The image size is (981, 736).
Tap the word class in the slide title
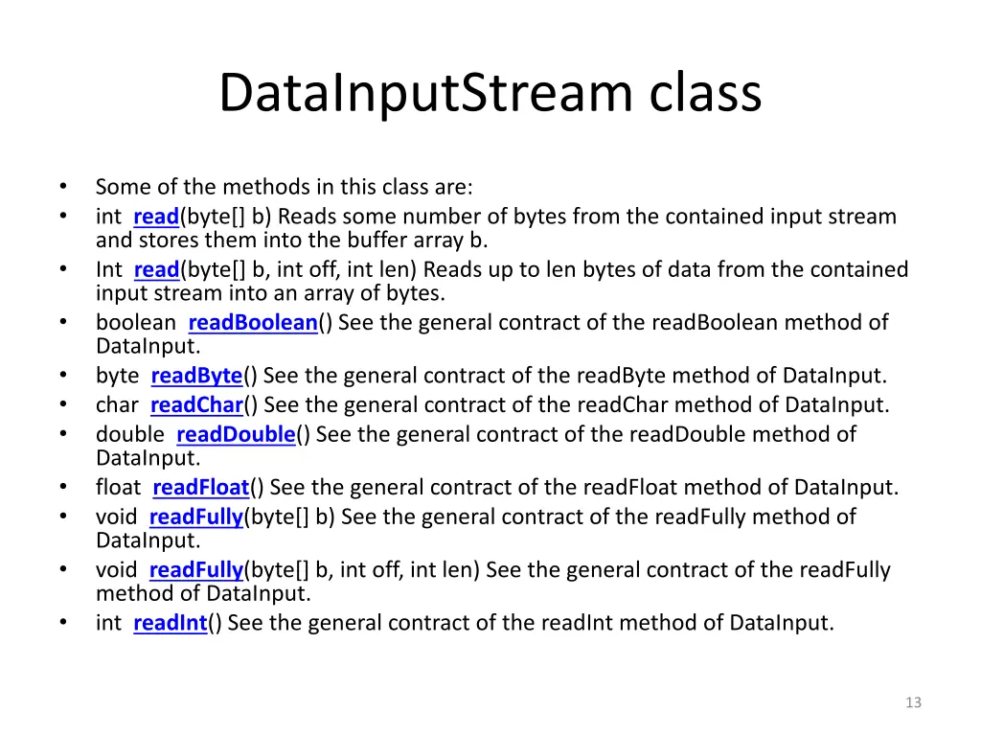coord(706,94)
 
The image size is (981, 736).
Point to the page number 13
coord(913,702)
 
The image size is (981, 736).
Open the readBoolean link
coord(253,323)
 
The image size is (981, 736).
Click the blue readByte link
coord(196,376)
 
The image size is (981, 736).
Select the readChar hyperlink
coord(196,405)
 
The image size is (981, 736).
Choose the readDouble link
coord(236,435)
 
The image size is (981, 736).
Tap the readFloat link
coord(200,488)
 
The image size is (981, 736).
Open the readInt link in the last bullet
coord(171,624)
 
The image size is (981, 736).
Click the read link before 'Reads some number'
coord(156,217)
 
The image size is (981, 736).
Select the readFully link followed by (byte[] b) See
coord(196,517)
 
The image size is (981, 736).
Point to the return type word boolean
coord(135,323)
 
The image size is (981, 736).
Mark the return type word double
coord(129,435)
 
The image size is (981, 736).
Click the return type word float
coord(118,488)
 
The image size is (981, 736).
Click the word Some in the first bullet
coord(119,187)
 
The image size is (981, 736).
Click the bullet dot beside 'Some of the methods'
coord(62,187)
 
